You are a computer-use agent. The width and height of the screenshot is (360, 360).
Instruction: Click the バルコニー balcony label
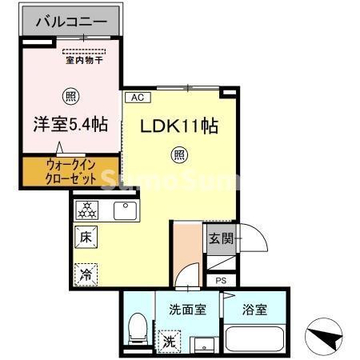(70, 21)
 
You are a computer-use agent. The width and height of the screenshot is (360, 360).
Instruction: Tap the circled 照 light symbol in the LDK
(181, 154)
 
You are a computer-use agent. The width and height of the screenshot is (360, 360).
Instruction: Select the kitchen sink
(126, 210)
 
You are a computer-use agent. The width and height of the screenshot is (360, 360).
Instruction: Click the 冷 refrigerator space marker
(85, 274)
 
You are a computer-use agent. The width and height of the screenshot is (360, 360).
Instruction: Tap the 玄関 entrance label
(221, 238)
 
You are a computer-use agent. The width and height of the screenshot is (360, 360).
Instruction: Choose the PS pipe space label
(221, 282)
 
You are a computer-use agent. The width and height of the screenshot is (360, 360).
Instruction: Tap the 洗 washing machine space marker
(170, 340)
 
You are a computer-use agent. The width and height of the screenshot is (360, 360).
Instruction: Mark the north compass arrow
(327, 337)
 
